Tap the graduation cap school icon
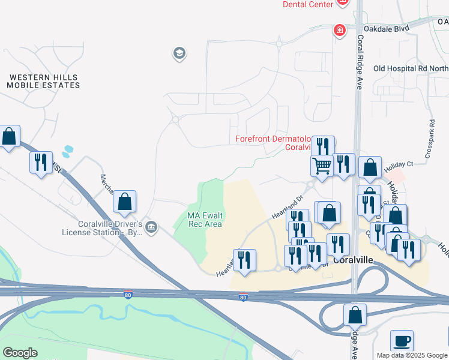click(x=178, y=54)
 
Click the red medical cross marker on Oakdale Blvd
click(x=340, y=29)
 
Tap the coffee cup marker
click(x=402, y=341)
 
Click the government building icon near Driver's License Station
click(x=151, y=226)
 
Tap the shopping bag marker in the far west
click(x=9, y=136)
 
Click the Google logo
click(x=20, y=353)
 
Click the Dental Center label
click(x=308, y=4)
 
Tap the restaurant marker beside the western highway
click(x=41, y=162)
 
